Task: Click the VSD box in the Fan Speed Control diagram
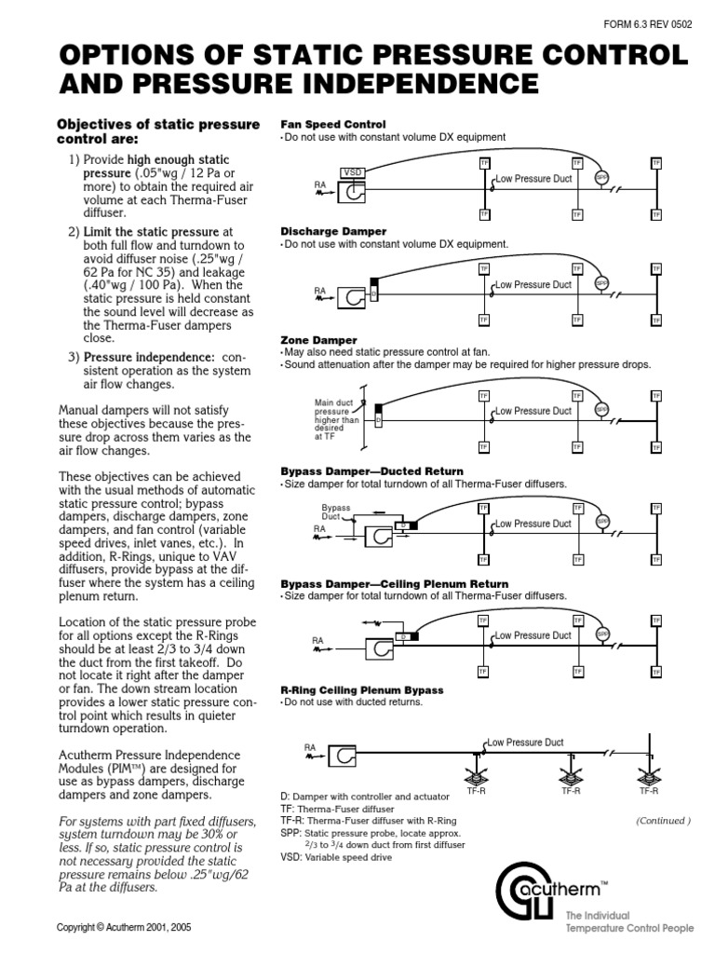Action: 353,172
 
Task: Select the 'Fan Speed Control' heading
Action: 333,124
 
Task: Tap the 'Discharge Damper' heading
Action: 333,231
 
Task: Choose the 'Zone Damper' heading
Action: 319,341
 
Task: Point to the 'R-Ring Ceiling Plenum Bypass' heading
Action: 362,690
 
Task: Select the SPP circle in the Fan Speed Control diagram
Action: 601,177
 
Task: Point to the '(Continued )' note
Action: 663,821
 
